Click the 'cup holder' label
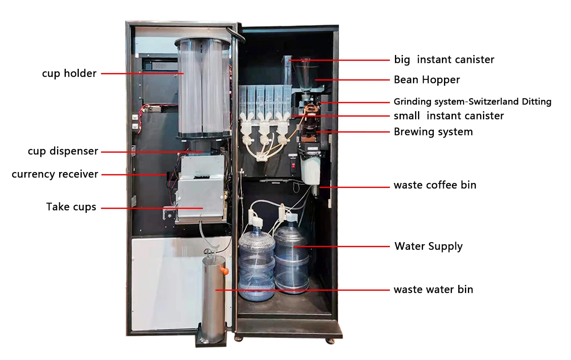tap(69, 74)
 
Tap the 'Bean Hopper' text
tap(426, 80)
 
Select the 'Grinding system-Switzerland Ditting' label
tap(472, 102)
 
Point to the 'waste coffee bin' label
tap(435, 185)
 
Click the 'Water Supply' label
tap(428, 246)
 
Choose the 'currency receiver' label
tap(55, 174)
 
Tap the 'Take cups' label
tap(71, 207)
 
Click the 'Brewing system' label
tap(433, 132)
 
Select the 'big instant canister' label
tap(444, 60)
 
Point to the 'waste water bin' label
tap(433, 290)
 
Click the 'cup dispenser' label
tap(63, 151)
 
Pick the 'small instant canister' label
tap(449, 116)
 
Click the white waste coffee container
tap(310, 170)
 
